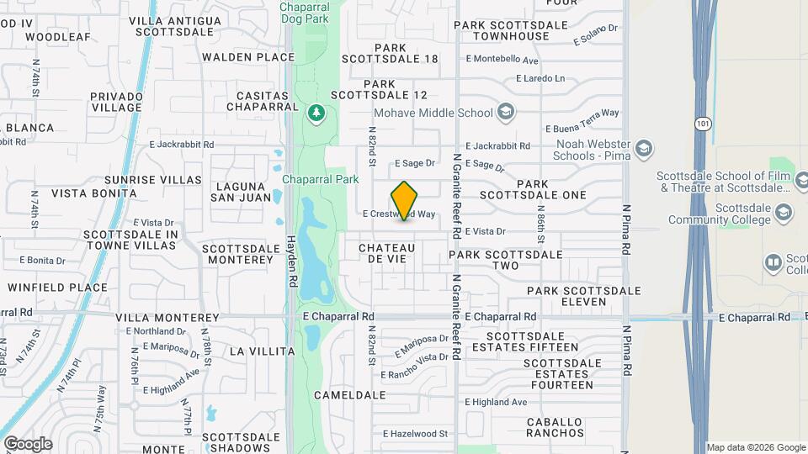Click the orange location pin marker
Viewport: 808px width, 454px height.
[405, 200]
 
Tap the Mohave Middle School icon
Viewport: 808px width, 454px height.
[506, 112]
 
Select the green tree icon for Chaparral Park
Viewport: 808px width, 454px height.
[316, 112]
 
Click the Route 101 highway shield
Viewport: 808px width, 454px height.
[702, 124]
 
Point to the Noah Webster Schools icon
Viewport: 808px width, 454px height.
[644, 149]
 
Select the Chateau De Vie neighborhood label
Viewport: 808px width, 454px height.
[387, 253]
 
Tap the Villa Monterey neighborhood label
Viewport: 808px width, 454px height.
[167, 318]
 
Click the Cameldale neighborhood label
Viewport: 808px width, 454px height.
[349, 394]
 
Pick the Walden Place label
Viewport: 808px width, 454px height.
[248, 57]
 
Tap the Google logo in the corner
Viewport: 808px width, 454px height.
[27, 443]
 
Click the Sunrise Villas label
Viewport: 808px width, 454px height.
[153, 180]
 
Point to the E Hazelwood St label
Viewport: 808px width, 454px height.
[415, 434]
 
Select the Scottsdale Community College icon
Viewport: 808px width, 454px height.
[784, 211]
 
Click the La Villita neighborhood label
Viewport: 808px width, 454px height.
[263, 351]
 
